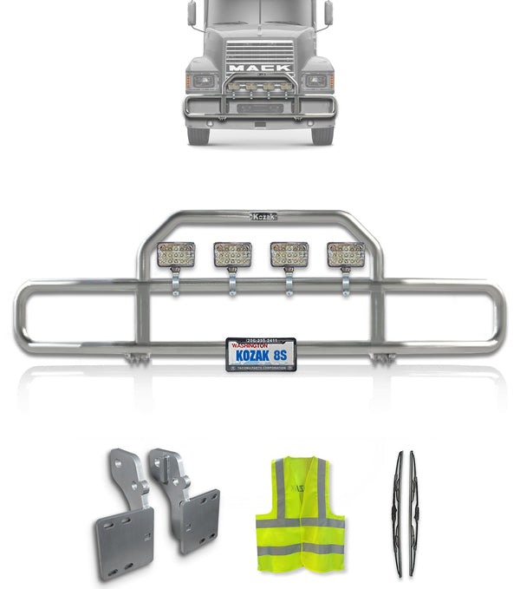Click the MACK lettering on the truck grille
pyautogui.click(x=260, y=67)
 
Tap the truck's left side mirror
pyautogui.click(x=192, y=13)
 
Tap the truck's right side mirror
pyautogui.click(x=328, y=13)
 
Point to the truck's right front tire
pyautogui.click(x=322, y=134)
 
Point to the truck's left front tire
pyautogui.click(x=198, y=134)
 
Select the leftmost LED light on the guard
pyautogui.click(x=176, y=255)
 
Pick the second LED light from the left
pyautogui.click(x=232, y=255)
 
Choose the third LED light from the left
pyautogui.click(x=289, y=255)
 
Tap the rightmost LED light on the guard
pyautogui.click(x=345, y=255)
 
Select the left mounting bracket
pyautogui.click(x=123, y=507)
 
